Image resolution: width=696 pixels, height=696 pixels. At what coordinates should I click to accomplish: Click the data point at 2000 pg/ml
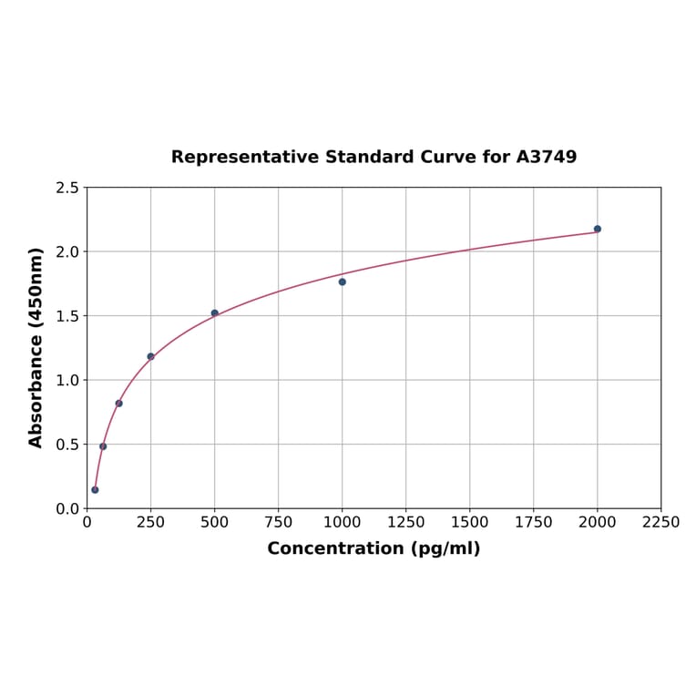598,229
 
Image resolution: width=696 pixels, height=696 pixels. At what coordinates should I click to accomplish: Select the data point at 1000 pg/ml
343,281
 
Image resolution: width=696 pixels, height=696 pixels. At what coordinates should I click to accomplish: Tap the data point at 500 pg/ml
215,313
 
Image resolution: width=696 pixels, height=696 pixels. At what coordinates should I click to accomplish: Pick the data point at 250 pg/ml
151,356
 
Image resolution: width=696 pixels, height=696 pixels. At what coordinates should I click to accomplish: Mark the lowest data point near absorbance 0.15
95,490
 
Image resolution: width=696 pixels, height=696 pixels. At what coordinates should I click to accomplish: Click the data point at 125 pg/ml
119,404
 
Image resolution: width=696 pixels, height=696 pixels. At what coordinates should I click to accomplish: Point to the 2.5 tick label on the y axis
67,188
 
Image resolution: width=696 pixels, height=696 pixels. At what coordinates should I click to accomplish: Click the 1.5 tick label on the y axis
67,316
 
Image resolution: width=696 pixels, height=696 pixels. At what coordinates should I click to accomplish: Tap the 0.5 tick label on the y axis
67,445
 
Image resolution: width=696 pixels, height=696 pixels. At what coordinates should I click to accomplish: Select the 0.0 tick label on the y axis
67,508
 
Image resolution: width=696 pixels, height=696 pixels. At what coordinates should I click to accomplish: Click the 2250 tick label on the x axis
661,522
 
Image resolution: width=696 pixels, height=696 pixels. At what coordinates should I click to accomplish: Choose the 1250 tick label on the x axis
406,522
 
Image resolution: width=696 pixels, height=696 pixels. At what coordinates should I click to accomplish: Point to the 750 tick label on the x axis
279,522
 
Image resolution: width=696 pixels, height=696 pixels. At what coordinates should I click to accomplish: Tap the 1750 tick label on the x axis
534,522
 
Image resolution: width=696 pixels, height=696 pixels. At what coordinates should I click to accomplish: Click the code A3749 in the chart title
547,158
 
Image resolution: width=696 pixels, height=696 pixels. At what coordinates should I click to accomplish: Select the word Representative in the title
231,158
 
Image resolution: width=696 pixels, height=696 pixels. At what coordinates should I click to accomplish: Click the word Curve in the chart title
446,158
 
